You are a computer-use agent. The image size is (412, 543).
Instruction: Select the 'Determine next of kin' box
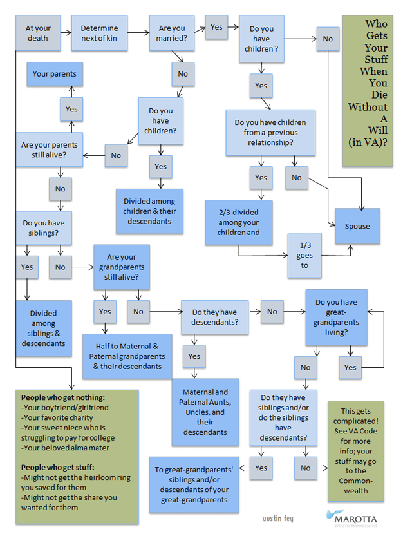(x=99, y=33)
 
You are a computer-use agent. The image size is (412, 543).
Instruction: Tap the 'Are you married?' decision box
(x=172, y=33)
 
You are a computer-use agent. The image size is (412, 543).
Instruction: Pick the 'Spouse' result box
(x=357, y=227)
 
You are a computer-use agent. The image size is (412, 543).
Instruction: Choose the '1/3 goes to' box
(x=304, y=255)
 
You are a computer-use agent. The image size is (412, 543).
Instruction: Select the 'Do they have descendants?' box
(x=215, y=318)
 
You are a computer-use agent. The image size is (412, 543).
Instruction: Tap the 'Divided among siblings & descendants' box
(x=44, y=329)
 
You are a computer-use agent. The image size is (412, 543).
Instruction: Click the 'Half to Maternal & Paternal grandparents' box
(x=127, y=356)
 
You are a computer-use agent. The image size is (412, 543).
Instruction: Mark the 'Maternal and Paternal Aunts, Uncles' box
(x=205, y=412)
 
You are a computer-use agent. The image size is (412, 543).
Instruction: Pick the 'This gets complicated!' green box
(x=356, y=450)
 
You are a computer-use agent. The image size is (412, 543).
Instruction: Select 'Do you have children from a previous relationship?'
(x=270, y=132)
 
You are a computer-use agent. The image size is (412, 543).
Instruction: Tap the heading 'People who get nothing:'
(x=62, y=398)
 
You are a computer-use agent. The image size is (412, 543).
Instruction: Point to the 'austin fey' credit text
(x=279, y=517)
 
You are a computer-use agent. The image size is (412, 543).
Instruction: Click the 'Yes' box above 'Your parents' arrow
(x=71, y=110)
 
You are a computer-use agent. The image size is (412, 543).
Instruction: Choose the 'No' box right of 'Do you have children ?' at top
(x=328, y=39)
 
